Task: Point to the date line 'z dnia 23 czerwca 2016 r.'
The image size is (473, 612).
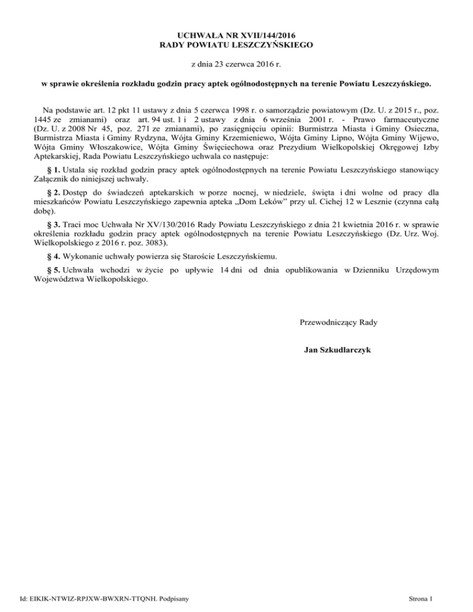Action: (x=236, y=63)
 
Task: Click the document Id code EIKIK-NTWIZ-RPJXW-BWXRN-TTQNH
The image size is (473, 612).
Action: (x=91, y=598)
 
